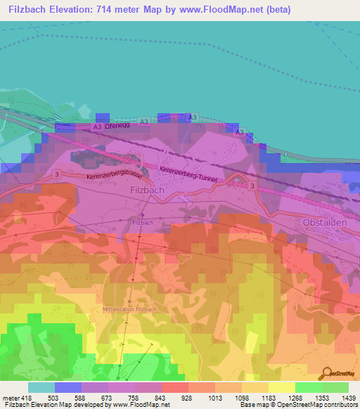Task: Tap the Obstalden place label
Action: [x=326, y=223]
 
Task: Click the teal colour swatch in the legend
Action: [x=41, y=387]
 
